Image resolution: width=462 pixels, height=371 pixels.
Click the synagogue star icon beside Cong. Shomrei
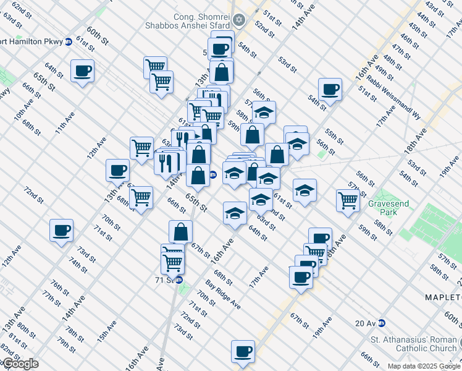[240, 20]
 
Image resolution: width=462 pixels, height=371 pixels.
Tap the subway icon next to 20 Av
[382, 323]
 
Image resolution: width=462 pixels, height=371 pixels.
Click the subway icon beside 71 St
[180, 279]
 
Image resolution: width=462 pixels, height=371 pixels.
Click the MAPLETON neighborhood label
[442, 297]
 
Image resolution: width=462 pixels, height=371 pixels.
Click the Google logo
[20, 364]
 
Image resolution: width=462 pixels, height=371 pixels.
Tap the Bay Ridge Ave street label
[222, 294]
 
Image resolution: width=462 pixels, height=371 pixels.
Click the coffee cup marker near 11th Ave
[82, 70]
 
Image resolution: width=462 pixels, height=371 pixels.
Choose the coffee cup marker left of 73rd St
[61, 230]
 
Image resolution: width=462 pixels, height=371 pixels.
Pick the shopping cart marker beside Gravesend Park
[348, 200]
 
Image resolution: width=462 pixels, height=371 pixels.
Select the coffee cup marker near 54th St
[330, 88]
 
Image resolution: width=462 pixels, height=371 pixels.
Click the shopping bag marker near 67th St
[180, 232]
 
